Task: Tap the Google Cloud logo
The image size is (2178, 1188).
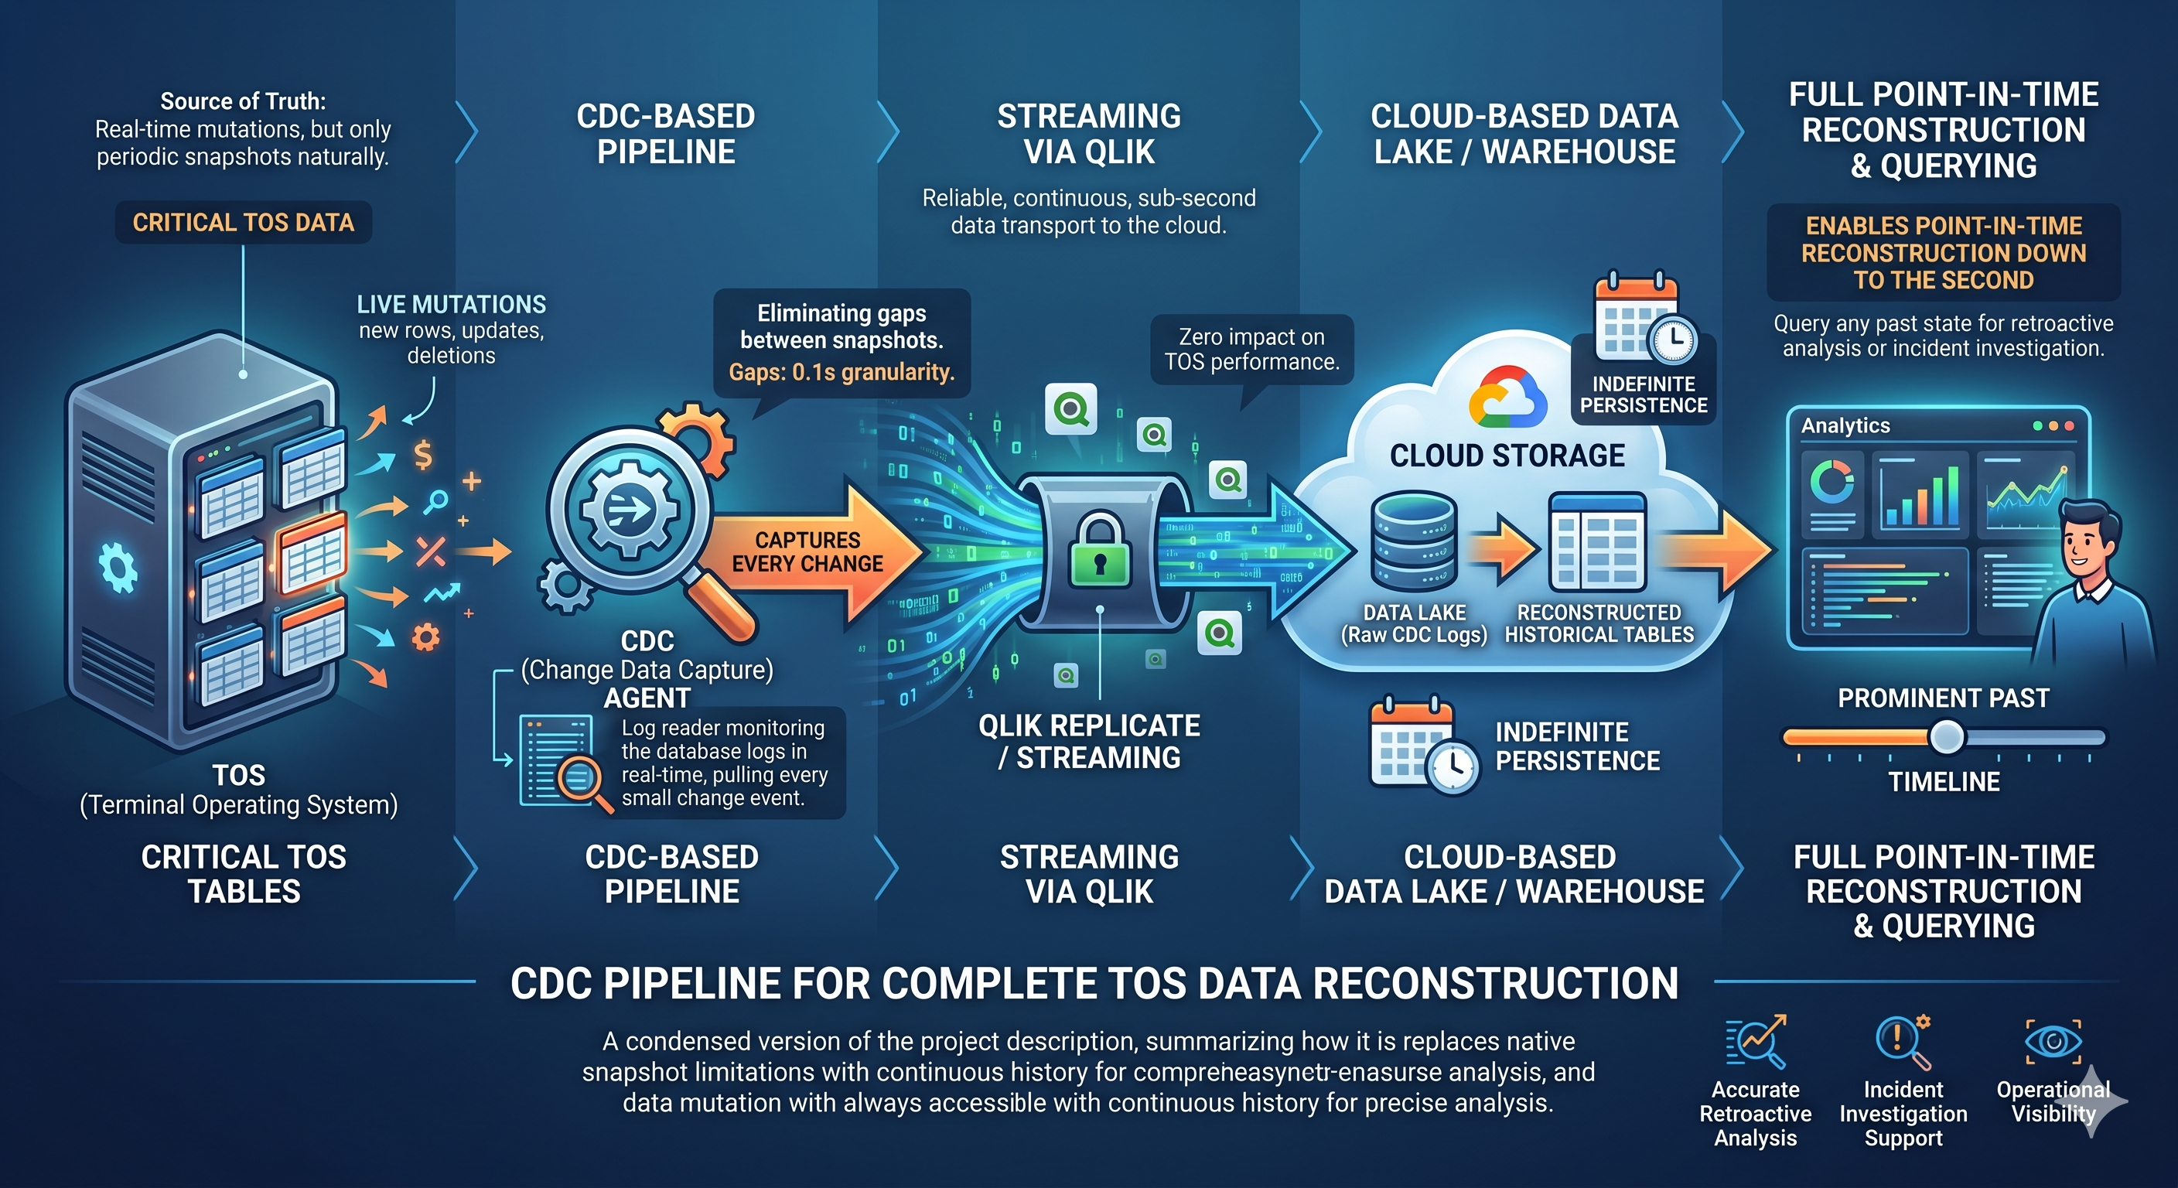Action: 1507,397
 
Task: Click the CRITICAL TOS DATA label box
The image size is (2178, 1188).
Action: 244,223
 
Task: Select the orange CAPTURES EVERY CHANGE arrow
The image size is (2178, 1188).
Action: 811,554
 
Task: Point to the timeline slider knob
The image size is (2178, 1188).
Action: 1946,736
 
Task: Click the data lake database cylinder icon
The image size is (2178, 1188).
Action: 1415,541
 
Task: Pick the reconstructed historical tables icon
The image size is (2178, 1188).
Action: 1597,542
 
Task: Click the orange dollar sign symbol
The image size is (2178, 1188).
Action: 423,455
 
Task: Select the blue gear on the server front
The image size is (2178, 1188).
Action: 118,568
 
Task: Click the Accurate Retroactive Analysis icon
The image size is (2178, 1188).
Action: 1755,1041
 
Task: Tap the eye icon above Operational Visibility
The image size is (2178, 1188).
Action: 2053,1041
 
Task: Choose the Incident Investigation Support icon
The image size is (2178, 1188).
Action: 1903,1041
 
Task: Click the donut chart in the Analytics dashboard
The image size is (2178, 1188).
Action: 1831,483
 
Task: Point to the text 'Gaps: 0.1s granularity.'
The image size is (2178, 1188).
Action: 841,372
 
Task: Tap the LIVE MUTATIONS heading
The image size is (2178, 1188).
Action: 451,305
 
